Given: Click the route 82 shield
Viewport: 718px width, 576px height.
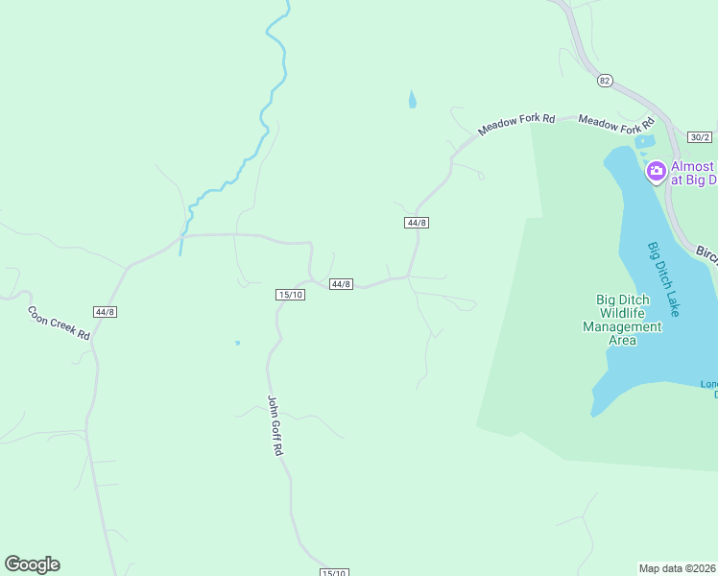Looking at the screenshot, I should pos(604,81).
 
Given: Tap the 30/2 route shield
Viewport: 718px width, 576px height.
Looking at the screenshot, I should pos(701,138).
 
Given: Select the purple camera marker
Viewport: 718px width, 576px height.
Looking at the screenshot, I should pos(657,172).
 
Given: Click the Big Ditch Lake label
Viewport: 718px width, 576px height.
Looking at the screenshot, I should pos(663,278).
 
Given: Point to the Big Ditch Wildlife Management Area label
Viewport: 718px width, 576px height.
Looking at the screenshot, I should pos(623,320).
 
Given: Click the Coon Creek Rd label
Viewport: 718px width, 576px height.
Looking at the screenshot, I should pos(59,323).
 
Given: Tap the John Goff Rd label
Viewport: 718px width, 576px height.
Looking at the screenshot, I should pos(275,424).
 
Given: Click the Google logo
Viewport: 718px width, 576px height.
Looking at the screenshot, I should pos(32,564).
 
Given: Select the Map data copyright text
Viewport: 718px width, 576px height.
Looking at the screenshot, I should pos(678,568).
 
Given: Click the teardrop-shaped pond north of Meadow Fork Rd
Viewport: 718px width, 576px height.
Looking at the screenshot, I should pos(412,99).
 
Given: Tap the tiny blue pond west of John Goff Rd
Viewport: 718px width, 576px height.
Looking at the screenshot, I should pos(237,342).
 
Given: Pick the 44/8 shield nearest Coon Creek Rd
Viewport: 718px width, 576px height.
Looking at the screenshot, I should pos(106,312).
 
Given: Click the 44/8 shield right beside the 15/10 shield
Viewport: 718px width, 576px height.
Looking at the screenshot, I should pos(341,284).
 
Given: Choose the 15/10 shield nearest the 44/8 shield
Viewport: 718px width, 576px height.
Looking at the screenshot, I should pos(289,295).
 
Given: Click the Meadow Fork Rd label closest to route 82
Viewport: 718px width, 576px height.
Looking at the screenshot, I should pos(615,124).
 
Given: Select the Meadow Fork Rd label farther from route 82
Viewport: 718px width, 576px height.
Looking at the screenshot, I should pos(517,124).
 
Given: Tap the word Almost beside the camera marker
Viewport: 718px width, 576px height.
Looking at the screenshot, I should pos(691,166).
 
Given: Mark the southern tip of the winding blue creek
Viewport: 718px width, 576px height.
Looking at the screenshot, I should pos(179,254).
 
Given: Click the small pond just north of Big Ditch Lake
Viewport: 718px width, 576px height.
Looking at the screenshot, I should pos(643,142).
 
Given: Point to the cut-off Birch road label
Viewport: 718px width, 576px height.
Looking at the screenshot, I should pos(706,255).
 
